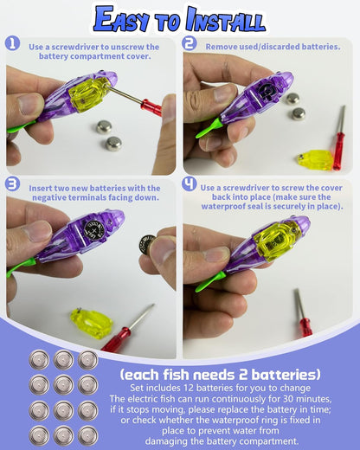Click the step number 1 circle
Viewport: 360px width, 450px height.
click(12, 43)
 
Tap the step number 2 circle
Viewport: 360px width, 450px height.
click(190, 43)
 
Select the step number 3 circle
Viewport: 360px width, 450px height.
click(12, 184)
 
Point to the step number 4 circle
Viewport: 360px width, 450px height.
click(190, 184)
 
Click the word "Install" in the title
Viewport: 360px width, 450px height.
click(226, 20)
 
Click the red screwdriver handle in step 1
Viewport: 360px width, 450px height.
click(151, 106)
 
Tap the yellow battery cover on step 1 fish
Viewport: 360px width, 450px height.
click(87, 93)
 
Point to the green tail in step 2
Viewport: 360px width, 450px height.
click(209, 128)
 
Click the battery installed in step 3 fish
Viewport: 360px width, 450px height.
click(95, 231)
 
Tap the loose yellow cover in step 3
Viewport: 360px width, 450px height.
click(91, 323)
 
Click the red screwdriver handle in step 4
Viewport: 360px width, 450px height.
click(305, 327)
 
